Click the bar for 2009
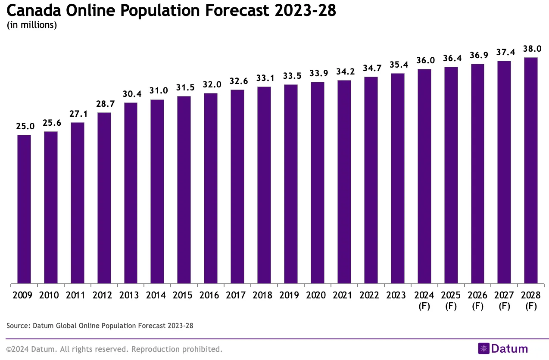pyautogui.click(x=24, y=209)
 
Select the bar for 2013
pyautogui.click(x=131, y=193)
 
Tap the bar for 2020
pyautogui.click(x=317, y=183)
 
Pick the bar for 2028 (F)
pyautogui.click(x=530, y=171)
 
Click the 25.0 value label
pyautogui.click(x=24, y=127)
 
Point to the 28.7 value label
pyautogui.click(x=104, y=104)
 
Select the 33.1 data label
pyautogui.click(x=264, y=78)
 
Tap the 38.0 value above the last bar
pyautogui.click(x=530, y=49)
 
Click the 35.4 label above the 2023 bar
pyautogui.click(x=397, y=65)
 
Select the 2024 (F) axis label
pyautogui.click(x=424, y=301)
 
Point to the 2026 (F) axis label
pyautogui.click(x=477, y=301)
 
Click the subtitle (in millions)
pyautogui.click(x=32, y=25)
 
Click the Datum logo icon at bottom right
pyautogui.click(x=484, y=348)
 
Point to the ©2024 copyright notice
pyautogui.click(x=114, y=349)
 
